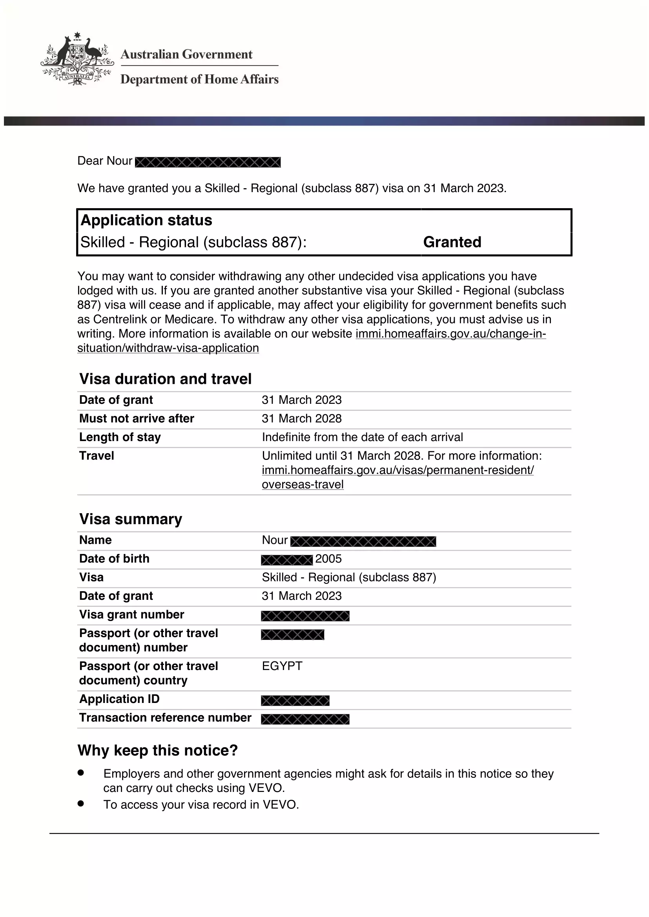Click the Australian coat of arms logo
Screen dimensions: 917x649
click(77, 59)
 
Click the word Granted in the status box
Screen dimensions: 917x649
click(452, 242)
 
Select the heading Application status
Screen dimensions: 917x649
click(146, 220)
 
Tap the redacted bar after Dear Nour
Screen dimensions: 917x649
click(208, 162)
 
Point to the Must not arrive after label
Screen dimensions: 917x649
click(136, 419)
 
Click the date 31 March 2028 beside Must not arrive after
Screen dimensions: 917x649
click(302, 419)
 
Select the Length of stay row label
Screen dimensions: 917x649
click(120, 437)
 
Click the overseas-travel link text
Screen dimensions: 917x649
click(303, 485)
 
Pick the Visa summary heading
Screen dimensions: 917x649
click(131, 519)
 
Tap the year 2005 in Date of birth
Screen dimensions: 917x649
click(328, 559)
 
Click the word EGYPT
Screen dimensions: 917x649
click(282, 666)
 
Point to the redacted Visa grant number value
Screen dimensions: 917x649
click(305, 616)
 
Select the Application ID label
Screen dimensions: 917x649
click(119, 699)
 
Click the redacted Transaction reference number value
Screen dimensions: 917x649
click(305, 719)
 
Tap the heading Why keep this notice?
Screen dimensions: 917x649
click(157, 750)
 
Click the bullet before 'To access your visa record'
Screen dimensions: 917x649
click(81, 803)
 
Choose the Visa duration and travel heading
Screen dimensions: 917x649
click(166, 379)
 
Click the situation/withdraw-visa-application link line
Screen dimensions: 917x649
click(168, 348)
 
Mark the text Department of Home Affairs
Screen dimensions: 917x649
click(199, 80)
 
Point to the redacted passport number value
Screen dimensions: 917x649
click(293, 635)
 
